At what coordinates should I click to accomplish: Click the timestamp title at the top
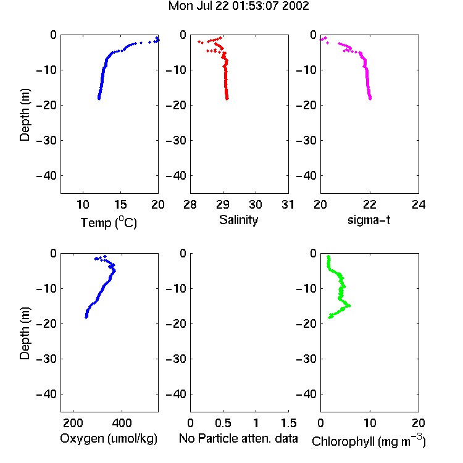tap(238, 6)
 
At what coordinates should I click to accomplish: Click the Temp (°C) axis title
tap(109, 222)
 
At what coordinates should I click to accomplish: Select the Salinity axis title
tap(238, 220)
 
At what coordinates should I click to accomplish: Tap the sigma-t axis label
tap(369, 220)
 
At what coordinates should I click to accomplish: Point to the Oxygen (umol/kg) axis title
tap(109, 438)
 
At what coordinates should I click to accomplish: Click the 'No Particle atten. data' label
tap(238, 438)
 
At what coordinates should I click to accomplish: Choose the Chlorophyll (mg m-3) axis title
tap(369, 441)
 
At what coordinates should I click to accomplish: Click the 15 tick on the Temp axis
tap(120, 204)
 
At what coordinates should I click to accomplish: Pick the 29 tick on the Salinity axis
tap(223, 204)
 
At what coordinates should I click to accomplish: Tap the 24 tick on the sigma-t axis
tap(419, 204)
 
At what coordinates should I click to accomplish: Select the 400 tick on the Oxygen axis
tap(122, 423)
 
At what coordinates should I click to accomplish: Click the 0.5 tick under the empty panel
tap(223, 423)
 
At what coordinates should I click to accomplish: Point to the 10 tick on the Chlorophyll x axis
tap(370, 423)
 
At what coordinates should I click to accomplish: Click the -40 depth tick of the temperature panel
tap(46, 176)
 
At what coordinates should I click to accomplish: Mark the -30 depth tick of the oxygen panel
tap(46, 359)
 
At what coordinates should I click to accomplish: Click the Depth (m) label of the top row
tap(25, 115)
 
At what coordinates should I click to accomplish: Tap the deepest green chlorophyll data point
tap(330, 317)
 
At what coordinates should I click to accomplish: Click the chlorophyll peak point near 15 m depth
tap(349, 306)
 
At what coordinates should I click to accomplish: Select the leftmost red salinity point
tap(199, 41)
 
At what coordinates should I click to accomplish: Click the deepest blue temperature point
tap(99, 99)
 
